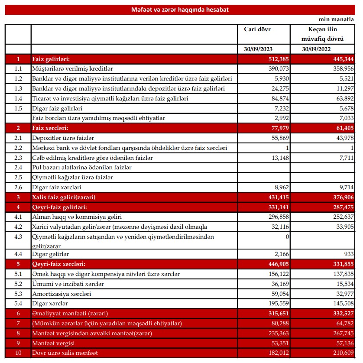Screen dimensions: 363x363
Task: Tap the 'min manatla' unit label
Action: pos(339,20)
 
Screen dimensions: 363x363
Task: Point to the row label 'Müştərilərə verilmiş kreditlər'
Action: pos(73,68)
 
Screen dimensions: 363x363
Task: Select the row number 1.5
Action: pos(18,108)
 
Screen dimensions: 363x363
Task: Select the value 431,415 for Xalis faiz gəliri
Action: pos(277,197)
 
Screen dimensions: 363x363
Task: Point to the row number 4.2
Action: pos(18,227)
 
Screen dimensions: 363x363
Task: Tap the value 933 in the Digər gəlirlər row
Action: pos(348,253)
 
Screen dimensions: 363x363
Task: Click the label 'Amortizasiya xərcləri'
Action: pos(62,294)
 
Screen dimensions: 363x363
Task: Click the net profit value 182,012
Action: pos(277,353)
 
